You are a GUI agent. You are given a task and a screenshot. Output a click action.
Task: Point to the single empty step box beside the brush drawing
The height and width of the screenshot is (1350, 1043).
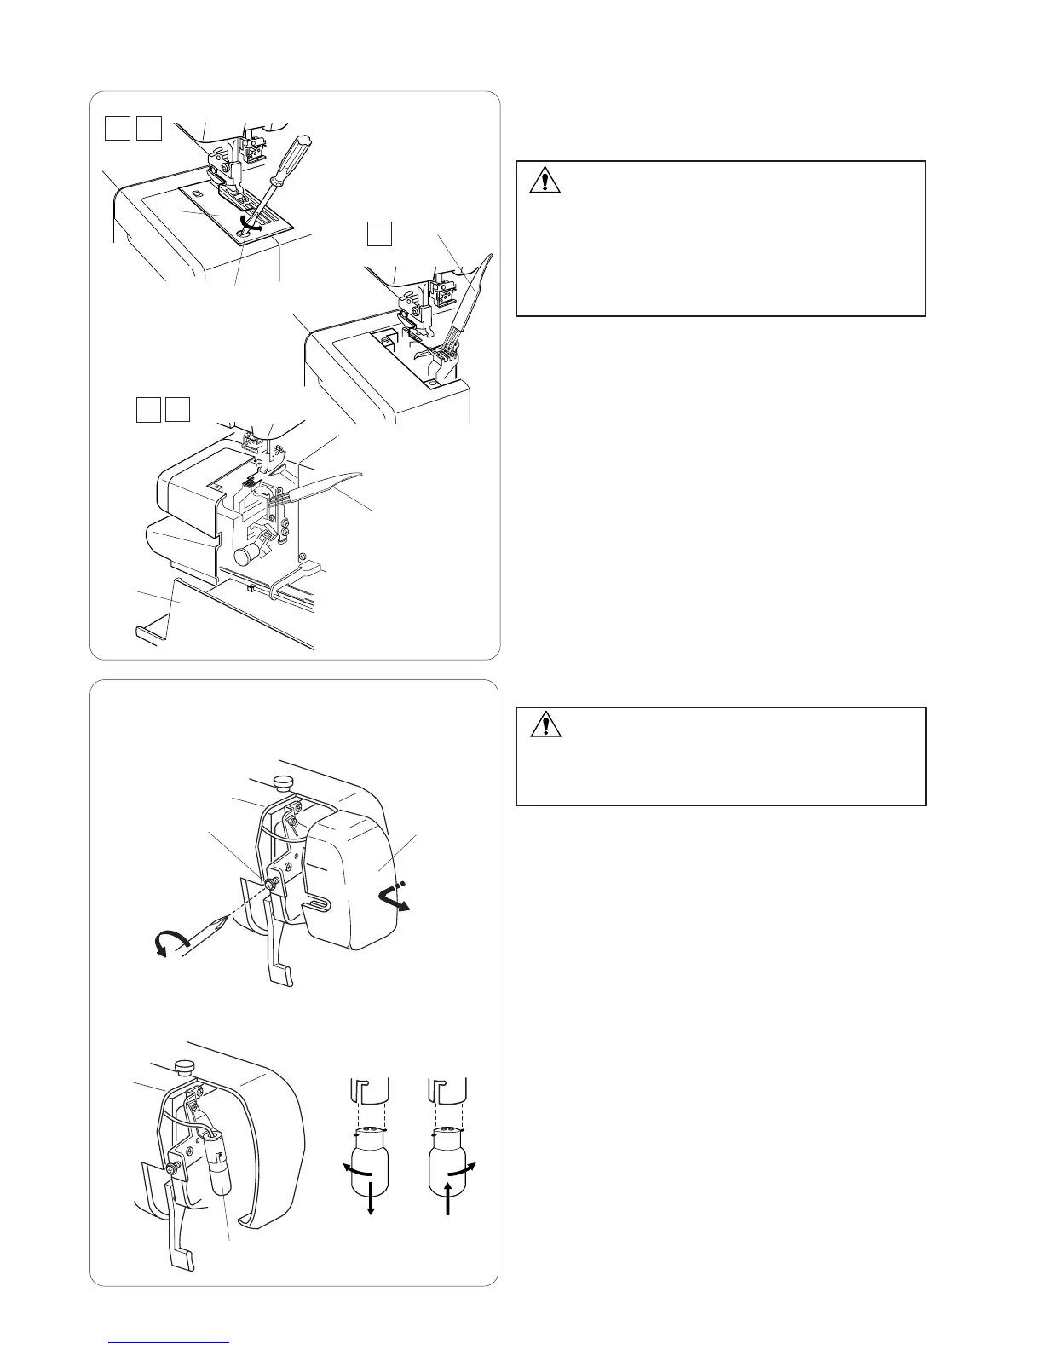pos(379,233)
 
